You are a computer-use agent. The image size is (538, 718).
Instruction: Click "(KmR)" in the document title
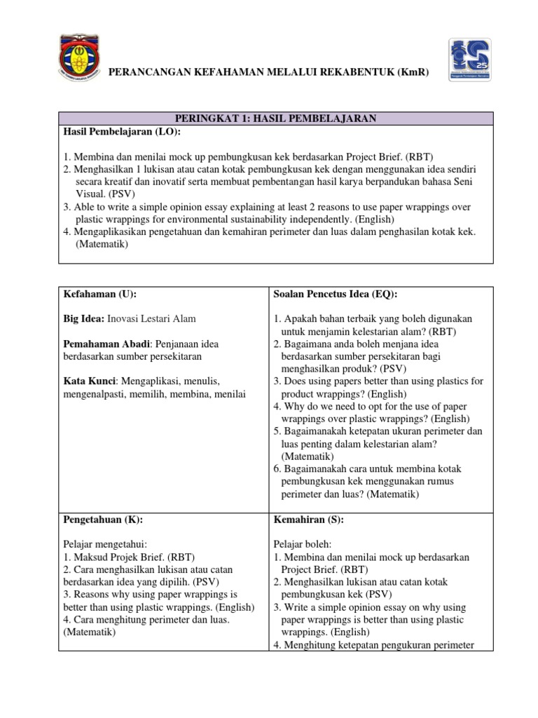(x=410, y=74)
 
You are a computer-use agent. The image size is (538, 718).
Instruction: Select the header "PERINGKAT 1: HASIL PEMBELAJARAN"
(x=275, y=119)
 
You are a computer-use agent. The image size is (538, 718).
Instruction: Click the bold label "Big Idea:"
(x=84, y=318)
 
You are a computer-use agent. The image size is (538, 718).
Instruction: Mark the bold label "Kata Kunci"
(x=90, y=381)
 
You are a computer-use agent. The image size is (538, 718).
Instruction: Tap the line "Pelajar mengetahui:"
(x=106, y=545)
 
